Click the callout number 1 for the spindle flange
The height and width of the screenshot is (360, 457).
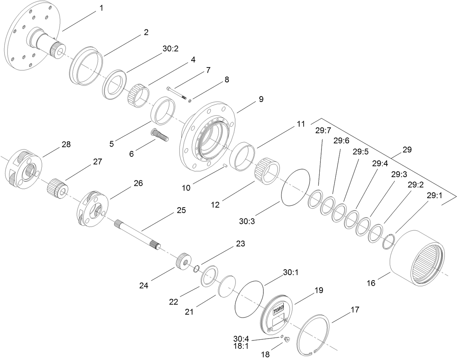pos(101,8)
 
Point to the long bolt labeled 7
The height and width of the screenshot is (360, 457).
pos(177,93)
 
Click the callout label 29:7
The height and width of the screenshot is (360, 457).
pos(322,131)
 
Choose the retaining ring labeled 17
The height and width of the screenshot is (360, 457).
pos(312,336)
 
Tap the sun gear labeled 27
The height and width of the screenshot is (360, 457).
pos(58,188)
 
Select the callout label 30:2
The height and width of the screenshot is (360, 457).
pos(170,49)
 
